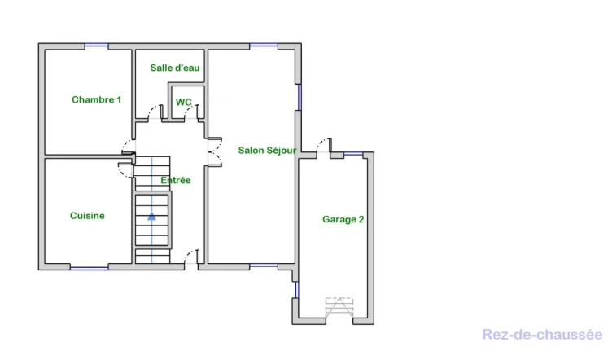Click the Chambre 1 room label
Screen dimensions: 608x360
97,99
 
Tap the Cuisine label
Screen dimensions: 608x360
87,216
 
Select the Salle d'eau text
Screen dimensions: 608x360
175,68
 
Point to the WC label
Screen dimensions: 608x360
184,102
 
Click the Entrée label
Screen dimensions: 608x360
176,180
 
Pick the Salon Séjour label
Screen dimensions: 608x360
267,151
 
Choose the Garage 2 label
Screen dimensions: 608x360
343,220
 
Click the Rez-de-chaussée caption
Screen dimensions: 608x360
542,335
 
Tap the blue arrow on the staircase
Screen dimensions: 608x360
151,216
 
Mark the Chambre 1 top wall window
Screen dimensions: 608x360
97,46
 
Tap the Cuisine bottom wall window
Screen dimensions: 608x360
90,267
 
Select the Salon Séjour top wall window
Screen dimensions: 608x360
264,46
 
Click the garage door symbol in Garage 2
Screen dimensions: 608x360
339,308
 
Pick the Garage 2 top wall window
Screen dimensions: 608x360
353,155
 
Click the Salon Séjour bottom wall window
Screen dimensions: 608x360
264,266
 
